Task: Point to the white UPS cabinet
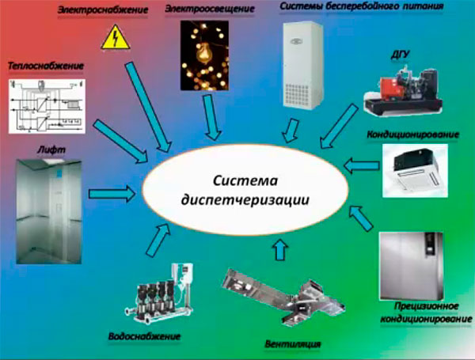coord(302,65)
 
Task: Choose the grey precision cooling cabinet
coord(418,263)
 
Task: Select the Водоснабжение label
coord(145,336)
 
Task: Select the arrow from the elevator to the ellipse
coord(110,191)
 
